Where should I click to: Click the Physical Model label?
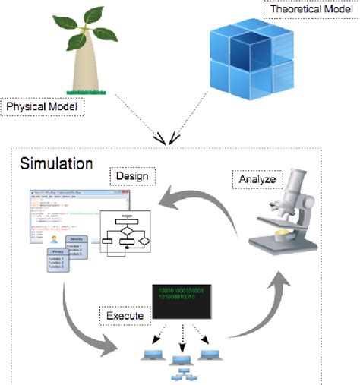[43, 106]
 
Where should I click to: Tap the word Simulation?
[56, 164]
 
